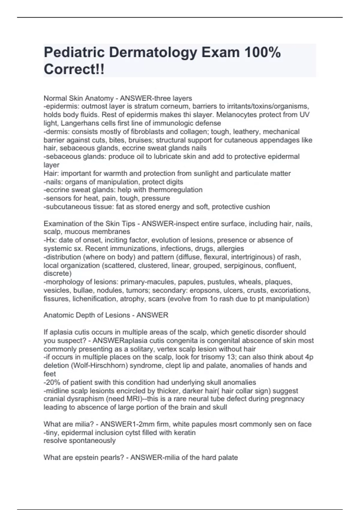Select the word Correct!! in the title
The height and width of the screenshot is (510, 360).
point(74,69)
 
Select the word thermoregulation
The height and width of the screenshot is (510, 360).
point(175,190)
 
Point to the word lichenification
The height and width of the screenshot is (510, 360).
point(95,299)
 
